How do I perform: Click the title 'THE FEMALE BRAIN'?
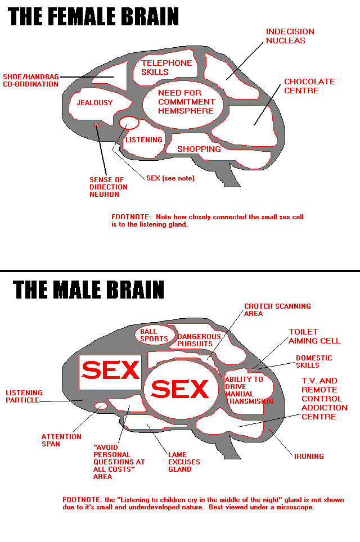(94, 16)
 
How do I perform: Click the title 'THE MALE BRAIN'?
(88, 290)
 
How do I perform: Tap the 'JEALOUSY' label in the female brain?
(95, 103)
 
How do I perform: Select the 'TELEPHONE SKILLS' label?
(166, 67)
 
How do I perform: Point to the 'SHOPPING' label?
(199, 149)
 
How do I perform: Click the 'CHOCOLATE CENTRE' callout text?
(309, 86)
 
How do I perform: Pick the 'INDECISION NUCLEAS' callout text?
(290, 36)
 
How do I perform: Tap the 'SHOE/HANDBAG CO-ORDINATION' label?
(30, 80)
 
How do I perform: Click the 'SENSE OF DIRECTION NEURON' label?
(109, 187)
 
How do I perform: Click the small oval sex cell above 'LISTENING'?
(129, 123)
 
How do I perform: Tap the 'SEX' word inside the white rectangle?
(111, 370)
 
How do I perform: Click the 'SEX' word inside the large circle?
(180, 389)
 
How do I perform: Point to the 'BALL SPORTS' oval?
(154, 335)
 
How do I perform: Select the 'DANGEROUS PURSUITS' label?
(195, 340)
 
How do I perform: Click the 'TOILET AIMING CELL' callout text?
(314, 336)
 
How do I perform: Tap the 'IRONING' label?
(309, 457)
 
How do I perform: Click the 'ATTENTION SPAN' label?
(61, 440)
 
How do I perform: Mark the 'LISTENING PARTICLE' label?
(24, 396)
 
